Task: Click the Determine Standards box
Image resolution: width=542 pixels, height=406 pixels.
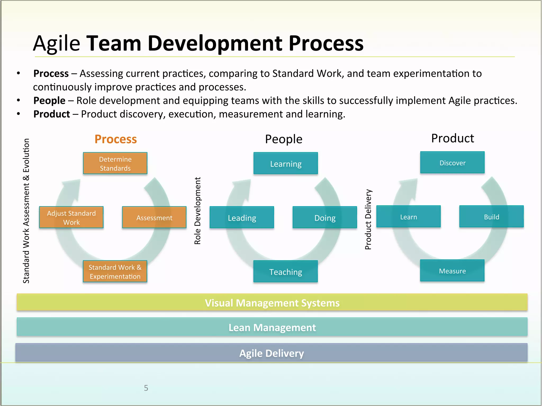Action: [115, 163]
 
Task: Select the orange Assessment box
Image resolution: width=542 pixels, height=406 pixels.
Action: [154, 217]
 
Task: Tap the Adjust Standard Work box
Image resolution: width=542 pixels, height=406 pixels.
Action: [71, 217]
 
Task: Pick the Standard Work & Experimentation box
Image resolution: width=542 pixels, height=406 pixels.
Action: [115, 271]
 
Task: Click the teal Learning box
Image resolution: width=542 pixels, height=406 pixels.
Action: [286, 163]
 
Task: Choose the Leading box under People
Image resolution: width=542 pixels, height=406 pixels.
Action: [242, 217]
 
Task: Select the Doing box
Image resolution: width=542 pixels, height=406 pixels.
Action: [325, 217]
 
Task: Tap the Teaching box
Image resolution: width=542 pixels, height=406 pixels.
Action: [286, 271]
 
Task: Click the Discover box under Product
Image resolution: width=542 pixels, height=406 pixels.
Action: [452, 163]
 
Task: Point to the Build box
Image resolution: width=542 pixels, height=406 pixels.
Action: [491, 216]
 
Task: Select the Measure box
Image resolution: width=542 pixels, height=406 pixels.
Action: [452, 271]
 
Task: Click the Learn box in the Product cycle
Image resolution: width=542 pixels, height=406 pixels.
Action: [408, 216]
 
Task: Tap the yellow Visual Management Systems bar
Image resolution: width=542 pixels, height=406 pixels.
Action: [272, 302]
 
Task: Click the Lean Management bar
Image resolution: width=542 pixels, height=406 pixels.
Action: [272, 327]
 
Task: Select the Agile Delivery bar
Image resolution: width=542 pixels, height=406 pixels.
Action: [271, 353]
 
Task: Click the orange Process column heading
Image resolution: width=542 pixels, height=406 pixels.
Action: [116, 139]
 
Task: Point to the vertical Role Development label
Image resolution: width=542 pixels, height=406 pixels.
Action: [197, 211]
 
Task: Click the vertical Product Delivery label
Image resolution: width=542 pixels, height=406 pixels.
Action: [368, 219]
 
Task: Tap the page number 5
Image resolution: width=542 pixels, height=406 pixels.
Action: [146, 388]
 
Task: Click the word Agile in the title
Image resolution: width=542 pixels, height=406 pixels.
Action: [57, 43]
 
